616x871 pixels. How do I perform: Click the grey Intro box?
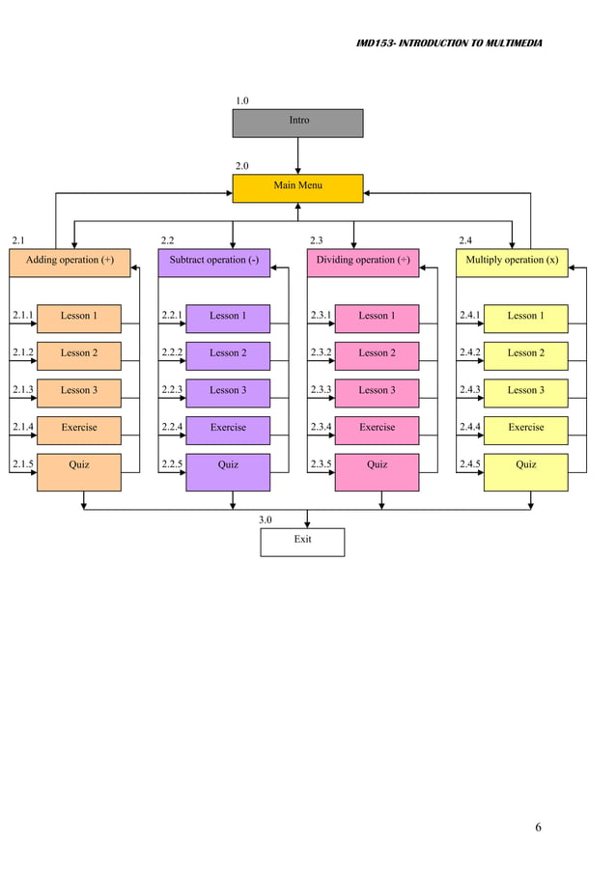click(297, 123)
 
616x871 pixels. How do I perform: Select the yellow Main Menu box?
click(297, 187)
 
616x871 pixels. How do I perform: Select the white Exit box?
click(302, 542)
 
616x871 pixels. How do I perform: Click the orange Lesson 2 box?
click(79, 355)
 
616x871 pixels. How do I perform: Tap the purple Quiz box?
click(228, 471)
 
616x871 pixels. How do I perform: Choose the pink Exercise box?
click(377, 430)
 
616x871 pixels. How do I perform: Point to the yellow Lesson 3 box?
click(525, 392)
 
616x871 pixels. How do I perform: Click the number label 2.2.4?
click(172, 427)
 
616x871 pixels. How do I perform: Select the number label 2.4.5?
click(469, 464)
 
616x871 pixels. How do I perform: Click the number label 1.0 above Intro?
click(242, 100)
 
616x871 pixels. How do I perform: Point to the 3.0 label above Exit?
click(266, 520)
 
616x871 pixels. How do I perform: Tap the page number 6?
click(538, 828)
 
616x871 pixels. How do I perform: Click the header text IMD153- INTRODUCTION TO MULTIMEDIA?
click(449, 43)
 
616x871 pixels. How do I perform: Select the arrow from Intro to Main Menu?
click(297, 155)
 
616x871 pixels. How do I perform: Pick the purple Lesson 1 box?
click(228, 318)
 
